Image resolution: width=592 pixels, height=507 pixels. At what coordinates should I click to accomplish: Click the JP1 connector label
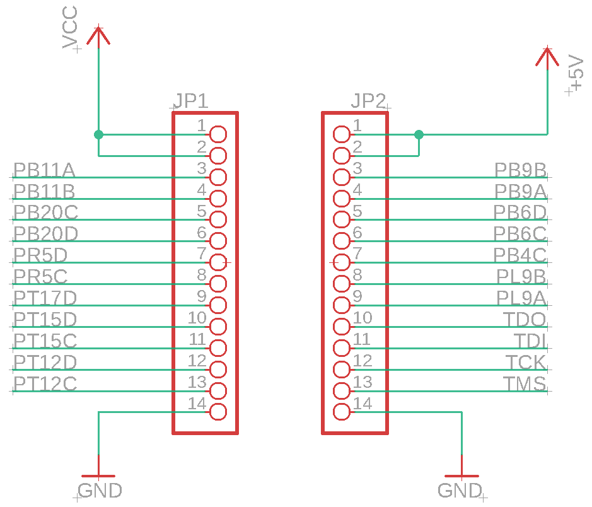pos(190,101)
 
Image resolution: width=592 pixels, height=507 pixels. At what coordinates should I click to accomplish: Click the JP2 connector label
pos(369,101)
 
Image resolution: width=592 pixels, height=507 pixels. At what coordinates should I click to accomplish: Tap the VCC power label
pos(71,28)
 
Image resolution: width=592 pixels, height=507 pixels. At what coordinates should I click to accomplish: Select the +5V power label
pos(576,73)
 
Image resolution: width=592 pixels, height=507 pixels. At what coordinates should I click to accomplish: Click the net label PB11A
pos(44,170)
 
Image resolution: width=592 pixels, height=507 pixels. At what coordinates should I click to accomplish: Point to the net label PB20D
pos(45,234)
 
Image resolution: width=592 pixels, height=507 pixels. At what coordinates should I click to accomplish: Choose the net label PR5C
pos(40,276)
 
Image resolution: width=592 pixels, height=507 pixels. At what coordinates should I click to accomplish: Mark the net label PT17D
pos(45,298)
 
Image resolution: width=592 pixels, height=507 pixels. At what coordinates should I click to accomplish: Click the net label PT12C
pos(45,383)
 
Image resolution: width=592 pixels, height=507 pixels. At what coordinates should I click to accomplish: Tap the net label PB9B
pos(520,170)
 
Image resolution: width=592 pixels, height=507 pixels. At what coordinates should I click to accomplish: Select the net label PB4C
pos(520,255)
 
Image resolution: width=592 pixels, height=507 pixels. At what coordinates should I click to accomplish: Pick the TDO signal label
pos(525,319)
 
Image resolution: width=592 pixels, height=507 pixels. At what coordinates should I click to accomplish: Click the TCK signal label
pos(526,362)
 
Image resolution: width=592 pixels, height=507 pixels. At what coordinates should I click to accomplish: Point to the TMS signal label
pos(525,383)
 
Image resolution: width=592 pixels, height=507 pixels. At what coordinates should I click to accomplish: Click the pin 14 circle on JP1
pos(218,412)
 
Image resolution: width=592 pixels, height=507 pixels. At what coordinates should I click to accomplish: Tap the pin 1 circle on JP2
pos(342,134)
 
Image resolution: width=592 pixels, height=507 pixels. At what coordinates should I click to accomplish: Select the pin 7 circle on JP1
pos(218,262)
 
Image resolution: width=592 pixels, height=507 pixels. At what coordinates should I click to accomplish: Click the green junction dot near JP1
pos(98,134)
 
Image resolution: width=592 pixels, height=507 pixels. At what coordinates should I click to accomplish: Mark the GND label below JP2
pos(460,490)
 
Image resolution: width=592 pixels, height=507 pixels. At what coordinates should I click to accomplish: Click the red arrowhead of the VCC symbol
pos(98,35)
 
